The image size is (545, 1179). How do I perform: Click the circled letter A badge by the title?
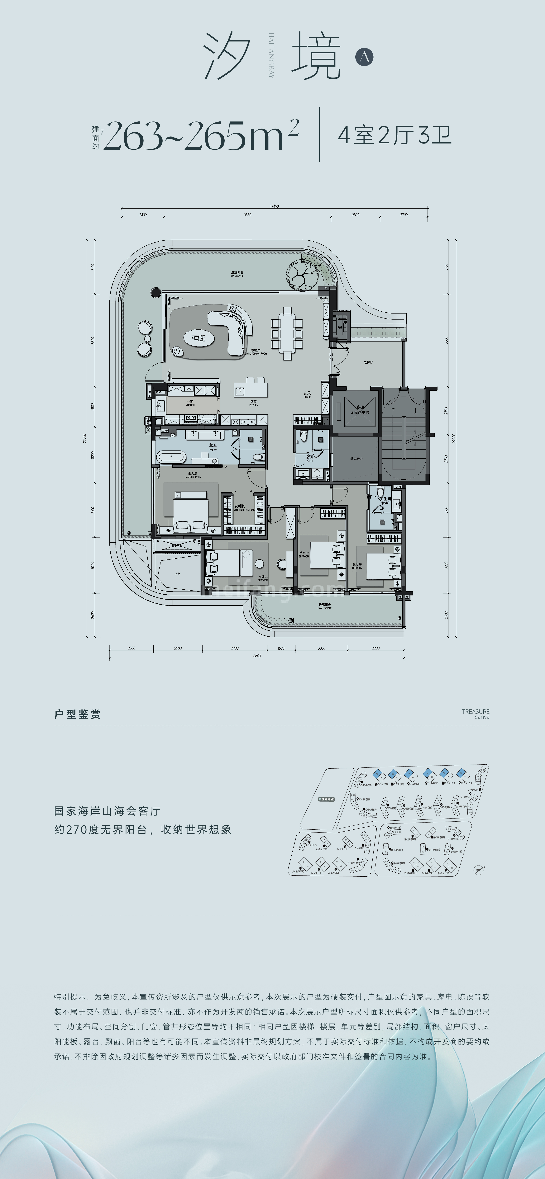pyautogui.click(x=364, y=57)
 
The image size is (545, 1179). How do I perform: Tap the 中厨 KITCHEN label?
pyautogui.click(x=190, y=403)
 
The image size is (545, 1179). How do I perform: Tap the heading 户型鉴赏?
pyautogui.click(x=77, y=714)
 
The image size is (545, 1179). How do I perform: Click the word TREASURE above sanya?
pyautogui.click(x=475, y=711)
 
